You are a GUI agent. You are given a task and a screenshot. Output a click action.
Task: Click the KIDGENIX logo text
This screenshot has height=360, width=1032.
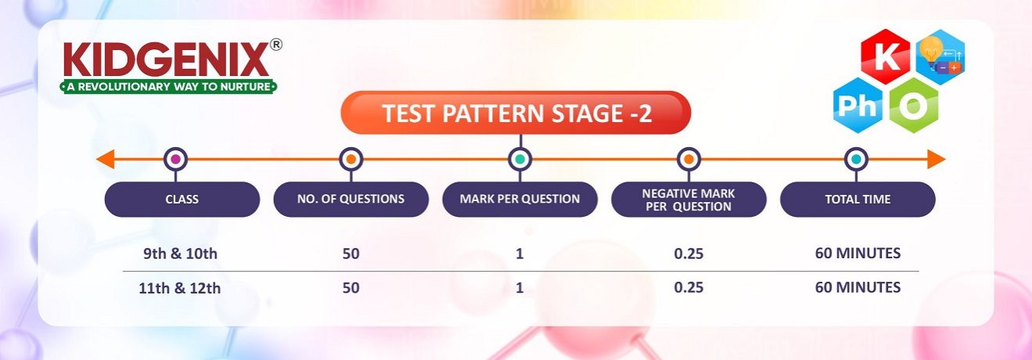(166, 59)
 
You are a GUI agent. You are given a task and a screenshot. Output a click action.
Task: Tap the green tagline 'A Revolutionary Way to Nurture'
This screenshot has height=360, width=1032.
(169, 87)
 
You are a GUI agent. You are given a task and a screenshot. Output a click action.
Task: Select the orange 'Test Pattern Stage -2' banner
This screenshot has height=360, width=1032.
(516, 113)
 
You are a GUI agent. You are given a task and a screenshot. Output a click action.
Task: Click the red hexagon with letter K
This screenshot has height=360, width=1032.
(886, 57)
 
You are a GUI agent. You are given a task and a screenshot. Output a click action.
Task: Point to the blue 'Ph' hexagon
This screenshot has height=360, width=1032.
(858, 106)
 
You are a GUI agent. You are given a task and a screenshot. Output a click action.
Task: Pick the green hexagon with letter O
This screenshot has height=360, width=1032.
(914, 106)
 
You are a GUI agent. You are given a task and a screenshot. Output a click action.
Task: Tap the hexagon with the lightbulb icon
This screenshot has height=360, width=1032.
(940, 57)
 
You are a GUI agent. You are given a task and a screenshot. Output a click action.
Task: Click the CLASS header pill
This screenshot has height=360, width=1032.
(182, 199)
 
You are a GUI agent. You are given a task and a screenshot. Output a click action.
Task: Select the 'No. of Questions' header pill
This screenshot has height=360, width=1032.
(351, 199)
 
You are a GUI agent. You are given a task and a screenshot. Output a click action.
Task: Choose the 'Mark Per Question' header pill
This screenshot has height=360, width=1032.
(520, 199)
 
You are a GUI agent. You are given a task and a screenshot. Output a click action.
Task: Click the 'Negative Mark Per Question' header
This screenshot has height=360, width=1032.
(689, 199)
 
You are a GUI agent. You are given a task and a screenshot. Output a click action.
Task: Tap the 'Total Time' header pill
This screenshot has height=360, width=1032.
(858, 199)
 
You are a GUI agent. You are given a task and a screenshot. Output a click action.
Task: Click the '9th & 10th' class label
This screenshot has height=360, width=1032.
(180, 254)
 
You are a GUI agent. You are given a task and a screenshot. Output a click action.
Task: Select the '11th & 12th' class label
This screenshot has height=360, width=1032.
(180, 288)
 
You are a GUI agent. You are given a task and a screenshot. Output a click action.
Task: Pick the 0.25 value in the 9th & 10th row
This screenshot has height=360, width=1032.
(689, 254)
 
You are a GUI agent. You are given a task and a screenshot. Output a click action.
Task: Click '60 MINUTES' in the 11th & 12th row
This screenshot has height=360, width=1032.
(858, 287)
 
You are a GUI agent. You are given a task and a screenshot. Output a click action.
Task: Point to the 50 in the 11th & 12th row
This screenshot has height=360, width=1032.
(351, 288)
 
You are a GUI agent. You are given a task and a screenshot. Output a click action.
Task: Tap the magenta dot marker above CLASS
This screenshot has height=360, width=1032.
(175, 160)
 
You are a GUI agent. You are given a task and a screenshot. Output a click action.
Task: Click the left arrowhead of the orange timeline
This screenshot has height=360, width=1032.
(105, 160)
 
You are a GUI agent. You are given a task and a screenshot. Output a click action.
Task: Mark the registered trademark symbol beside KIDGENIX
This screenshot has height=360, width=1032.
(275, 45)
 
